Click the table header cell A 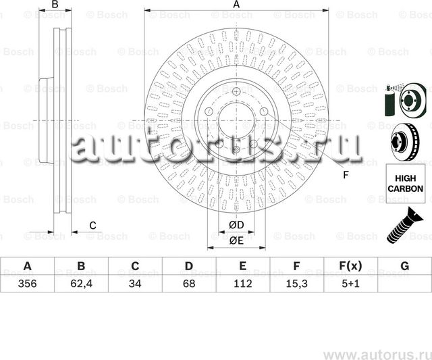(x=27, y=266)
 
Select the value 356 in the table (x=27, y=284)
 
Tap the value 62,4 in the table (x=81, y=284)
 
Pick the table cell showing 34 (x=135, y=284)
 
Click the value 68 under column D (x=189, y=284)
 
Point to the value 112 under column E (x=242, y=284)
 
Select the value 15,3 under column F (x=296, y=284)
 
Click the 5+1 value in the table (x=350, y=284)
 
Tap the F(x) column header (x=350, y=266)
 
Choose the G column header (x=404, y=266)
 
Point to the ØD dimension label (x=236, y=225)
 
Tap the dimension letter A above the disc (x=236, y=5)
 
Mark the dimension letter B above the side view (x=55, y=5)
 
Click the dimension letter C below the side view (x=93, y=225)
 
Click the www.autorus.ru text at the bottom (x=375, y=353)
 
